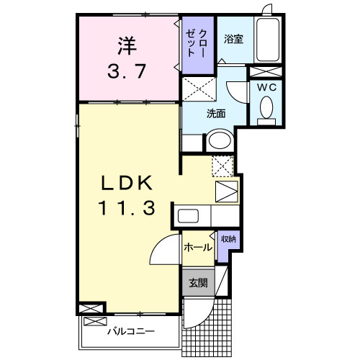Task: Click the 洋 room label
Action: [x=127, y=45]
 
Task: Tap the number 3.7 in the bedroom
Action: [x=127, y=71]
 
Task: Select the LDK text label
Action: [x=127, y=182]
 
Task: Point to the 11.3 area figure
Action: [x=127, y=209]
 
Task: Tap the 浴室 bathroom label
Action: [x=233, y=39]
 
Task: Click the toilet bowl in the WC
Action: [x=265, y=109]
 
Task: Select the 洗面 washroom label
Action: [x=216, y=113]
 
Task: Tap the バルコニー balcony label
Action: [x=130, y=332]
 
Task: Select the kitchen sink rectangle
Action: [x=189, y=216]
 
